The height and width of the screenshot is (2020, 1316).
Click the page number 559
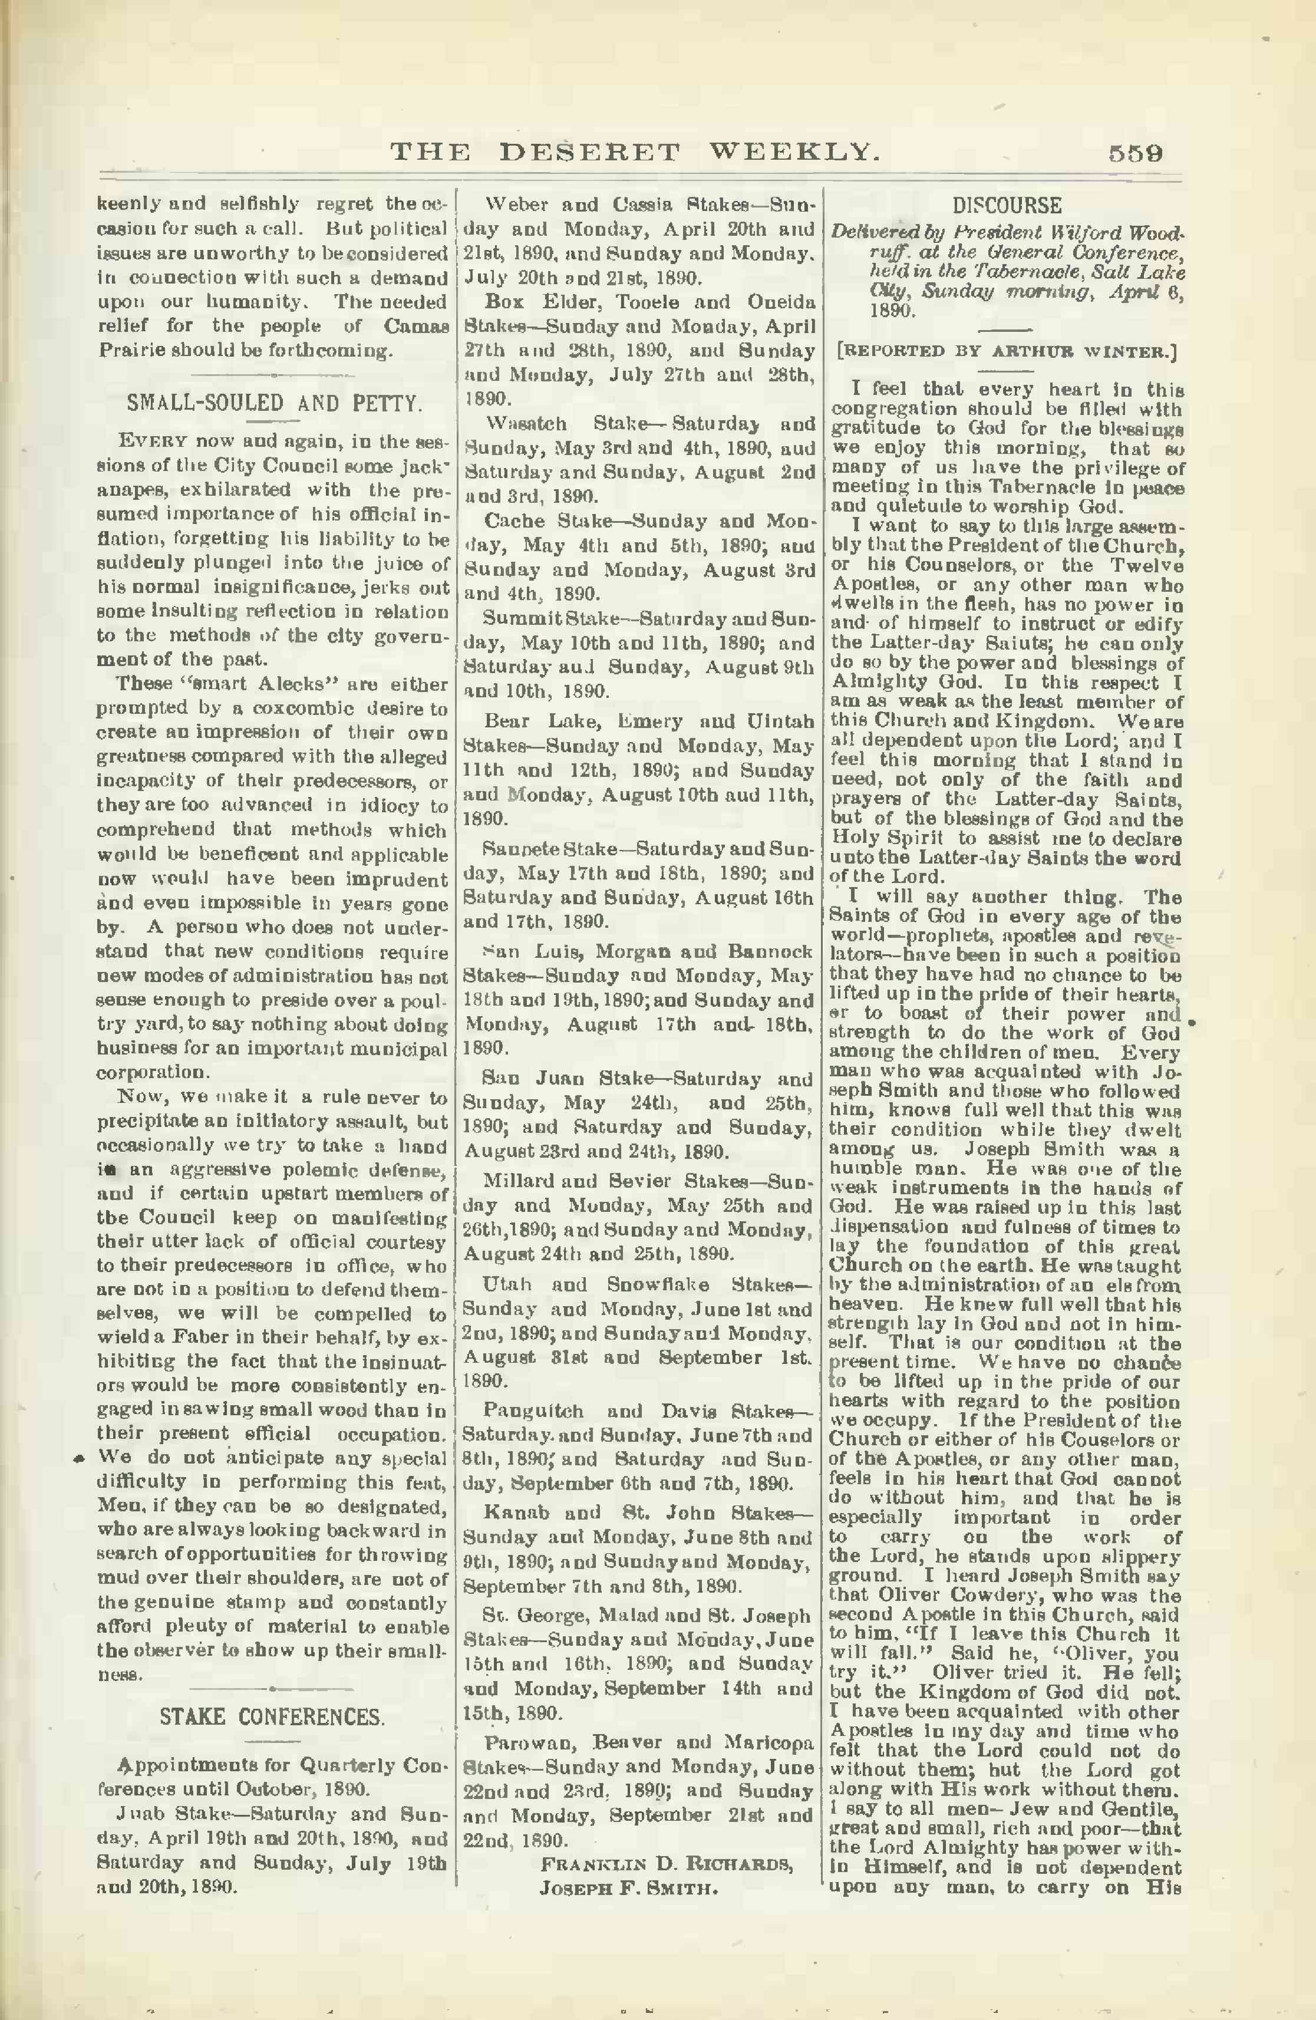[x=1135, y=153]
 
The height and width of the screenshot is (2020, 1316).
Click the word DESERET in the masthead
[x=589, y=153]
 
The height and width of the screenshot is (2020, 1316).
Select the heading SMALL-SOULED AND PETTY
[x=274, y=403]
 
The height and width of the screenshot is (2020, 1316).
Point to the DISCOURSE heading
[x=1007, y=205]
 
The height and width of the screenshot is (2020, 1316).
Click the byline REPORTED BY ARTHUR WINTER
[x=1007, y=351]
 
